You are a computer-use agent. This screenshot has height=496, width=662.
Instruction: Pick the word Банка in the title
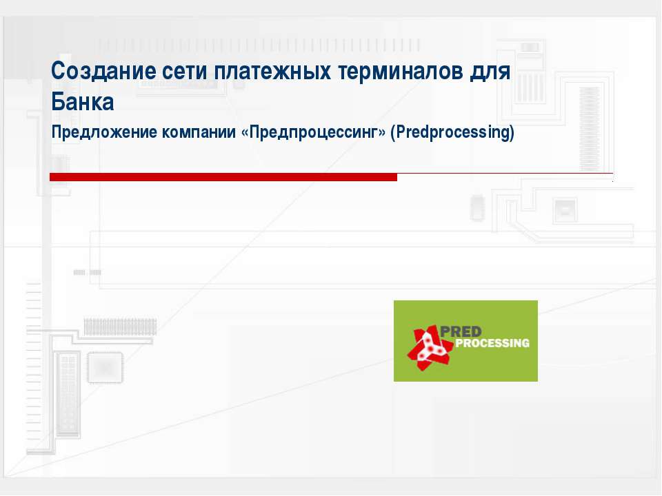point(82,102)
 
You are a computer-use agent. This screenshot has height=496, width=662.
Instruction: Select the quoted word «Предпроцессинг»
point(313,132)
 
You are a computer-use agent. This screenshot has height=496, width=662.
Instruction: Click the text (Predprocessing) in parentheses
point(452,132)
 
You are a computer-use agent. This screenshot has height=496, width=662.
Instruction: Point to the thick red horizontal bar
point(223,177)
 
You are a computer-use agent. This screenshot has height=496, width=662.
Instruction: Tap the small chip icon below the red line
point(477,207)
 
